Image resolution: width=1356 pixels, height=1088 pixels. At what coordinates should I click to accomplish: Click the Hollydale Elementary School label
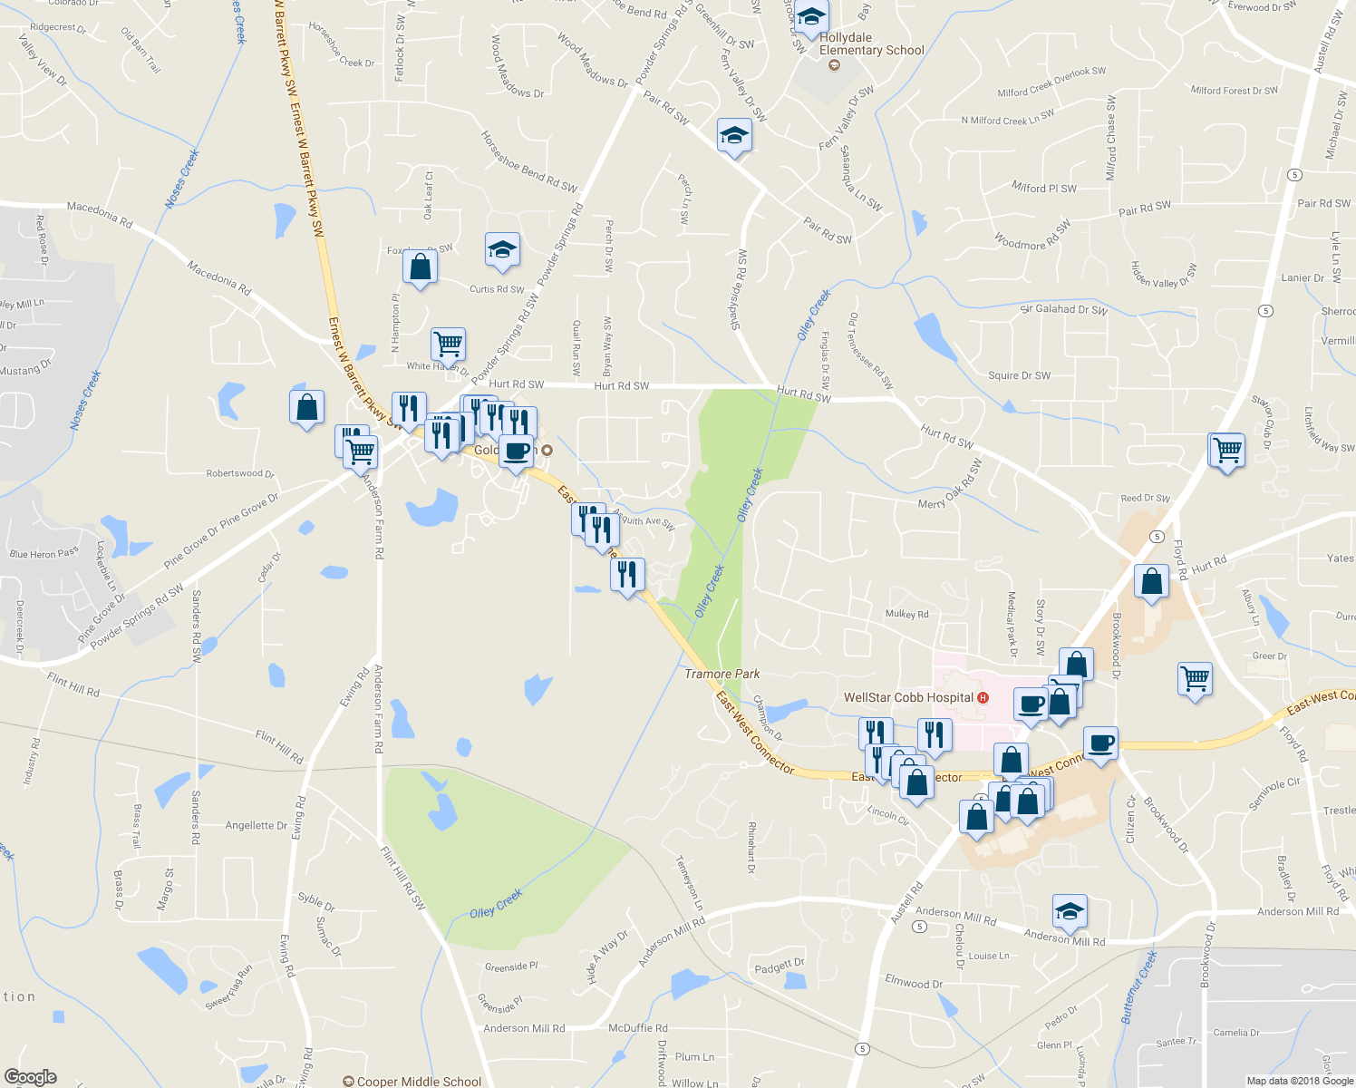click(871, 44)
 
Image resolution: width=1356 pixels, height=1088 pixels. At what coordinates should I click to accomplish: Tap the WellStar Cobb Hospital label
click(908, 698)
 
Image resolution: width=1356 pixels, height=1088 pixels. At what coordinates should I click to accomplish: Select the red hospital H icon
click(983, 698)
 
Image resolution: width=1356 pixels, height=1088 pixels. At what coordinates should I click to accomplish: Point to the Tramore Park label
click(722, 674)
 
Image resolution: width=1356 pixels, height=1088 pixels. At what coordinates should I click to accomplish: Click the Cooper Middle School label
click(419, 1082)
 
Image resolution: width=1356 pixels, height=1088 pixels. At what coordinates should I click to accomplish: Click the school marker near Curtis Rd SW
click(501, 250)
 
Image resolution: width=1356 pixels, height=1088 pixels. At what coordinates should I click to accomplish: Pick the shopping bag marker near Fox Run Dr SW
click(420, 267)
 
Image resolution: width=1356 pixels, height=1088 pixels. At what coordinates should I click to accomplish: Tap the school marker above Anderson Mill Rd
click(1070, 911)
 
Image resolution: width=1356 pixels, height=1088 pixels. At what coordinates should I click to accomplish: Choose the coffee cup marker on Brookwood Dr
click(1101, 743)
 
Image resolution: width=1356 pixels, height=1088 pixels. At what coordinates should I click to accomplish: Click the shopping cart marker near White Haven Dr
click(448, 345)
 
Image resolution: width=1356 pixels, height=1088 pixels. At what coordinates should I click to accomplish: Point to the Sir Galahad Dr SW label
click(1063, 309)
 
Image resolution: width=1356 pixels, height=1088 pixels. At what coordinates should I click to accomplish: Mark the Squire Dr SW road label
click(1019, 375)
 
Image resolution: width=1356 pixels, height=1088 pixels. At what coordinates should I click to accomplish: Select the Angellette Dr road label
click(256, 826)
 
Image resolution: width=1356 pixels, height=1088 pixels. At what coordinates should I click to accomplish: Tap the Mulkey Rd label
click(906, 614)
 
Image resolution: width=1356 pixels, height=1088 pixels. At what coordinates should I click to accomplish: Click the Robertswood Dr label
click(239, 473)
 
